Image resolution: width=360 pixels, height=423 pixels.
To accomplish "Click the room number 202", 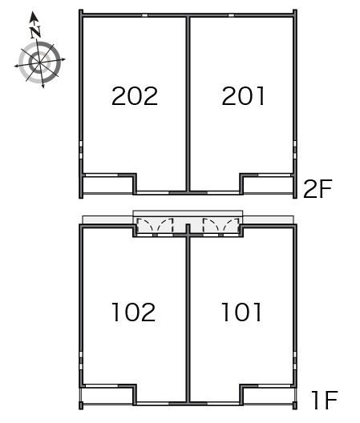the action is (x=135, y=96).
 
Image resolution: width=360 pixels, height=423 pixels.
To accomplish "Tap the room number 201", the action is (x=243, y=96).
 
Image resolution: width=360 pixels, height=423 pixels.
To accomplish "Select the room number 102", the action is (x=133, y=312).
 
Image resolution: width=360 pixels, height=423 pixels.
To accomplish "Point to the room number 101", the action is (x=241, y=312).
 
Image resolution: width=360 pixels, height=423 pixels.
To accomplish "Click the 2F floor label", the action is (x=318, y=189).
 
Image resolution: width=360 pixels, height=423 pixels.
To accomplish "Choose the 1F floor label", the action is (x=325, y=400).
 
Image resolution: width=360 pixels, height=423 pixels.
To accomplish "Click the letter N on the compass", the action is (x=35, y=32).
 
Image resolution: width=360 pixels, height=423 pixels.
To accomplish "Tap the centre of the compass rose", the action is (x=40, y=62).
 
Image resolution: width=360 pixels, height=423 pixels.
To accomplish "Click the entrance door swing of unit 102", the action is (x=155, y=225).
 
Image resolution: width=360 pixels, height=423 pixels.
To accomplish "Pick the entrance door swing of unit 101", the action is (x=221, y=225).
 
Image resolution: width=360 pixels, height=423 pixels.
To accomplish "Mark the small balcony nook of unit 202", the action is (x=107, y=185).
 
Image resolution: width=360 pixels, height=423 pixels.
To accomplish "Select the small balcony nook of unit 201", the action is (x=268, y=185).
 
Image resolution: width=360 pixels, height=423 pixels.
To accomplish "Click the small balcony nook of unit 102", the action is (x=107, y=396).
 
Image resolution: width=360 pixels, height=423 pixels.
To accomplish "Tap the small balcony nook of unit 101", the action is (x=268, y=396).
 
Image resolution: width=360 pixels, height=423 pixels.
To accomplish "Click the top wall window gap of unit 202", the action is (x=145, y=15).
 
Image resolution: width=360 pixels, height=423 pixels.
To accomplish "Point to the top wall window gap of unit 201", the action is (x=231, y=15).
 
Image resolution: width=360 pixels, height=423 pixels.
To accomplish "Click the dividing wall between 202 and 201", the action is (x=188, y=104).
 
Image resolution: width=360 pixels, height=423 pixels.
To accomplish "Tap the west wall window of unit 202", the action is (x=81, y=150).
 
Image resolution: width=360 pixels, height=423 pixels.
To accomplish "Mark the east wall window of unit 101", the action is (x=295, y=361).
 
